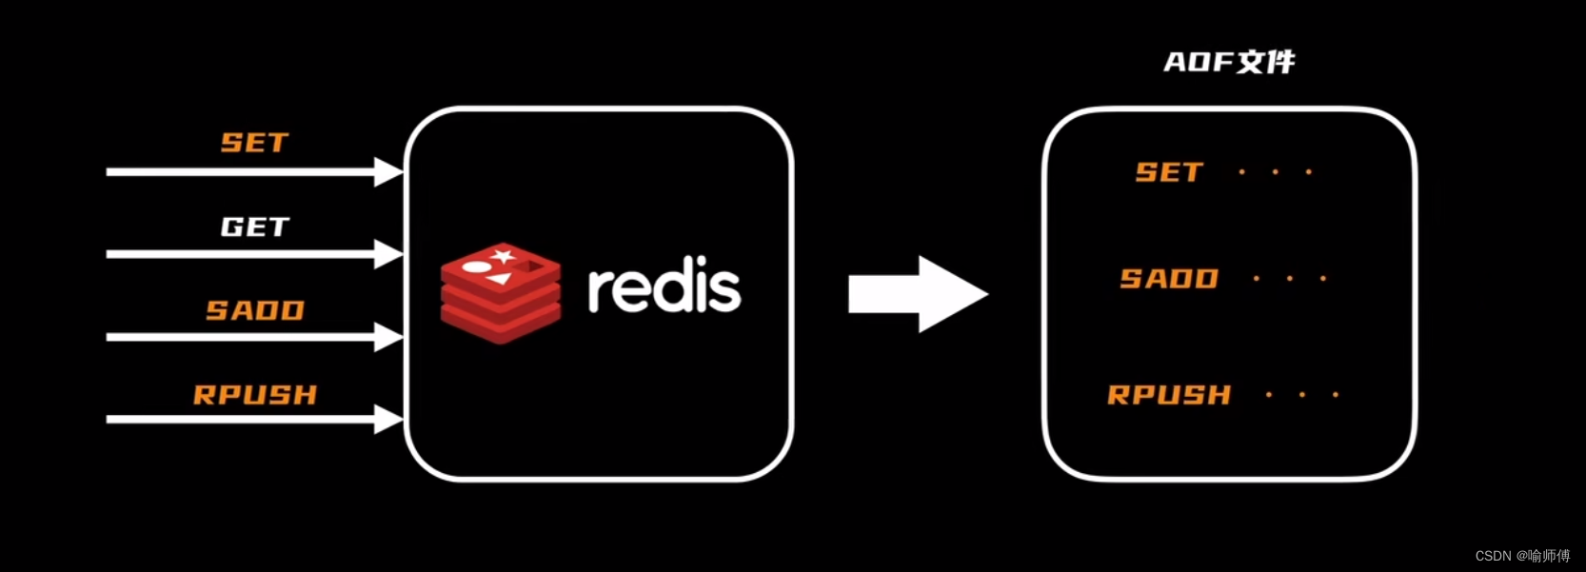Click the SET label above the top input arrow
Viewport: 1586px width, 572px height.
pos(254,143)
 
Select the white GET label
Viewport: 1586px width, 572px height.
pos(254,227)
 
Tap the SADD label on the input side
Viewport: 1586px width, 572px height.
pos(255,310)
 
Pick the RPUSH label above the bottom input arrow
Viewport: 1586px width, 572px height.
pos(255,395)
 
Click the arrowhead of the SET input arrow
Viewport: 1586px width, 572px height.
pos(388,172)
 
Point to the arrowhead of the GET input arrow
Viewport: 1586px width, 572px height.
pos(388,254)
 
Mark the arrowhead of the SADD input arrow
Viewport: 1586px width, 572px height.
pos(388,337)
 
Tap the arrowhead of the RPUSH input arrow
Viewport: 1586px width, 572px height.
pos(388,420)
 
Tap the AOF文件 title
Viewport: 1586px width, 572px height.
pos(1229,63)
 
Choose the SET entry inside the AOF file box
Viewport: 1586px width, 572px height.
pos(1169,172)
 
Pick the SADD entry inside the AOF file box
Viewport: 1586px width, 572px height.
pos(1169,279)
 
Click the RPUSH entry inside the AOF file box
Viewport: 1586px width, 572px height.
pos(1169,395)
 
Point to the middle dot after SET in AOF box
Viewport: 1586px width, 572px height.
pos(1276,172)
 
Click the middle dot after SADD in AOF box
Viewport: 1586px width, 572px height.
pos(1290,279)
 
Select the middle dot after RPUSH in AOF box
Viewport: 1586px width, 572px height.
pos(1302,394)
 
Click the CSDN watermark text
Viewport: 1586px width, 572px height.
pos(1522,555)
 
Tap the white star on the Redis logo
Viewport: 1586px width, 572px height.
pos(502,256)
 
